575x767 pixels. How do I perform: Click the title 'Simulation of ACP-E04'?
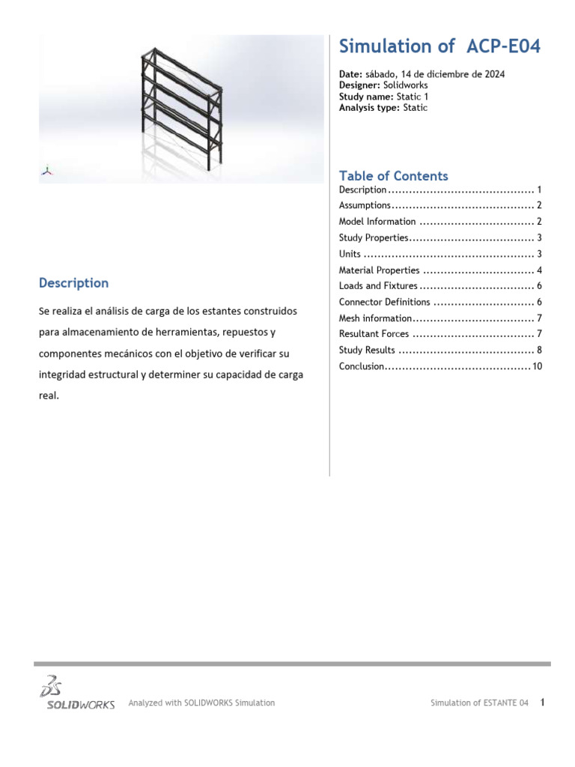coord(439,46)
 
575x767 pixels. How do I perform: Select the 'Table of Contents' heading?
coord(393,176)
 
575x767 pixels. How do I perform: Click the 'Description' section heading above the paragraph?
coord(73,283)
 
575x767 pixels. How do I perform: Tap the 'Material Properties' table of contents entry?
coord(379,270)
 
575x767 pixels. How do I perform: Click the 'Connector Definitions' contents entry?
coord(384,302)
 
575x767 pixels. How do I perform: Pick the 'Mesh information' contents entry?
coord(375,318)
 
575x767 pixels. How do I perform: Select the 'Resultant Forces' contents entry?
coord(374,334)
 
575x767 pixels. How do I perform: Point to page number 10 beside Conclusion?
coord(537,366)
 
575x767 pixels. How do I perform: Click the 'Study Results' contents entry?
coord(367,350)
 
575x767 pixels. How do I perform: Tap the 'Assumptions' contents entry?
coord(365,205)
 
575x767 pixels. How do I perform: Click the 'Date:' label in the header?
coord(350,75)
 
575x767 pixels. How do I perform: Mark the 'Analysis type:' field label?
coord(370,108)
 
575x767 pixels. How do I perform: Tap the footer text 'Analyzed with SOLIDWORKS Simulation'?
coord(201,703)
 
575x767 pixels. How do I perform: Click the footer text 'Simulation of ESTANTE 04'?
coord(479,703)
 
